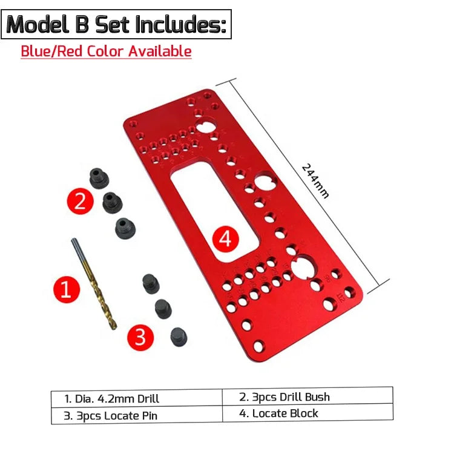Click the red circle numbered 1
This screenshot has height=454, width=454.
pos(67,289)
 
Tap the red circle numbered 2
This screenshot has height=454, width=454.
pos(80,201)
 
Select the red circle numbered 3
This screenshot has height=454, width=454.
pos(140,337)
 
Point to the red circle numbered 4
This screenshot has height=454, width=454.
pos(226,239)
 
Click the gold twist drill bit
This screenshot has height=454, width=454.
pos(94,284)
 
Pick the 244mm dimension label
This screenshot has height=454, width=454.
pos(315,181)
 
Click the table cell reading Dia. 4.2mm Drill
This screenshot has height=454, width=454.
pos(137,399)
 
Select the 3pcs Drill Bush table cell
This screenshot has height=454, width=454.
pos(308,396)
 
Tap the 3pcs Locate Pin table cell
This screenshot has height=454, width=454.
pos(137,415)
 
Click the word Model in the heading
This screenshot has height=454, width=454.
pos(38,24)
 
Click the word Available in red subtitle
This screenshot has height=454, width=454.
pos(160,51)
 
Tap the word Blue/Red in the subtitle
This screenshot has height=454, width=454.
pos(52,51)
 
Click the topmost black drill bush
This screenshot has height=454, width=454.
pos(99,178)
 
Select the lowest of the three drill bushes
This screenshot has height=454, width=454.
pos(125,228)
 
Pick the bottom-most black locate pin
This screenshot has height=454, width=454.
pos(179,337)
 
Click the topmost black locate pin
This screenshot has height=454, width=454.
pos(151,284)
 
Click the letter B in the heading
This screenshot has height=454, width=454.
pos(82,25)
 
